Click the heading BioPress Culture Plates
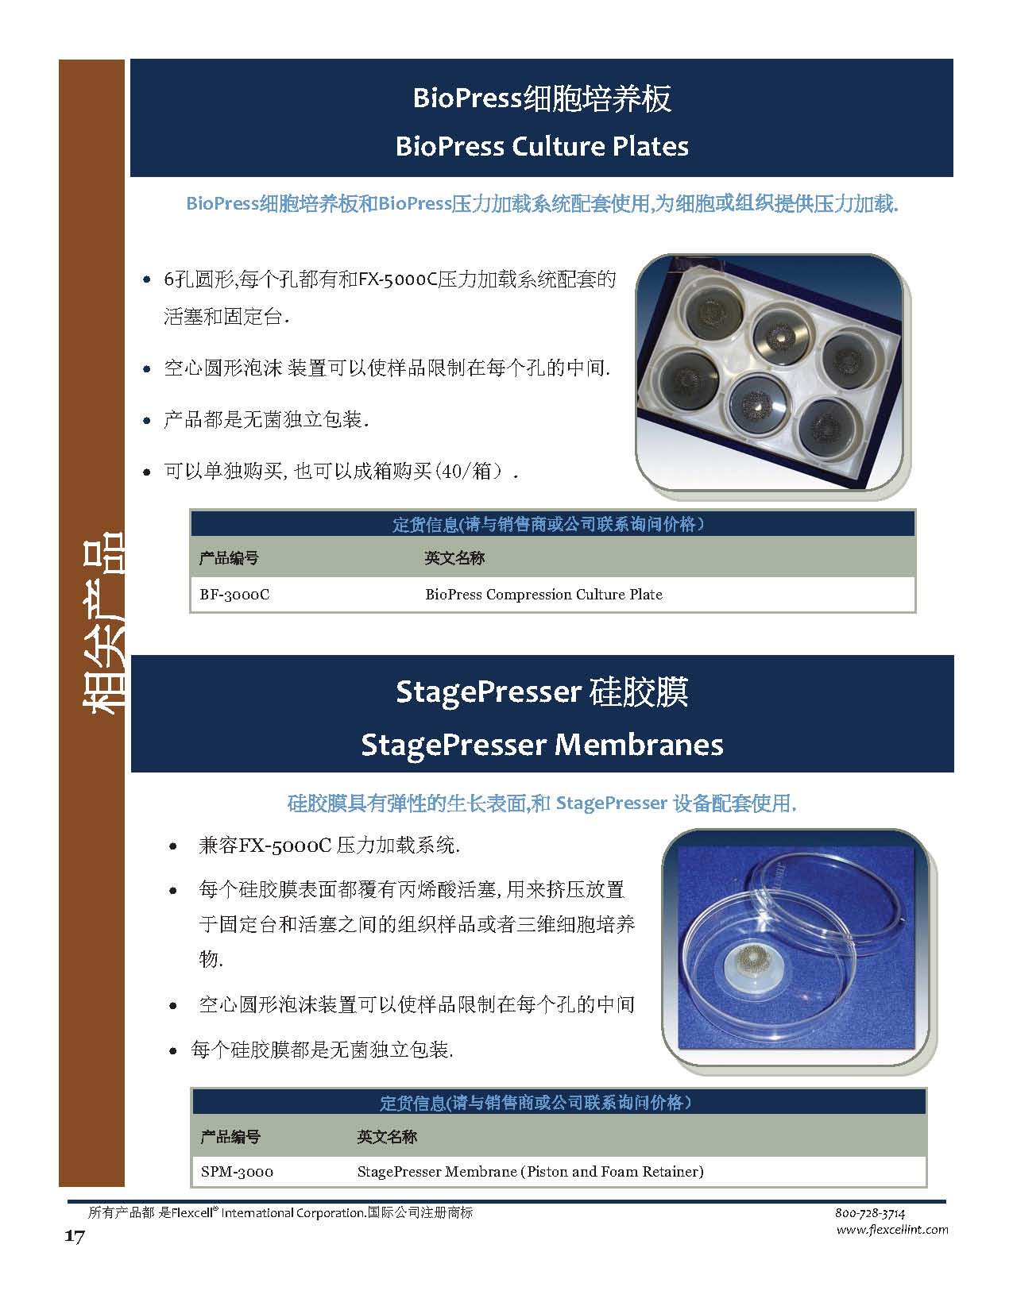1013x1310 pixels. point(541,147)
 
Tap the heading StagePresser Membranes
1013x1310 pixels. point(542,745)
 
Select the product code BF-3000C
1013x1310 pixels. point(234,595)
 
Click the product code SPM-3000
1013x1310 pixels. point(237,1171)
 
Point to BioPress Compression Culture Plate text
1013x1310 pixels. point(543,595)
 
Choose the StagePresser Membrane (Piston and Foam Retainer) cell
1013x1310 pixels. point(530,1171)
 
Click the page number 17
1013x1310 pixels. point(74,1237)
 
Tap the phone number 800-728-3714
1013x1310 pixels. point(870,1213)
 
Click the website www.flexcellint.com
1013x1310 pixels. point(891,1230)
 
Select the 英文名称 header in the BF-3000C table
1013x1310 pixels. point(454,558)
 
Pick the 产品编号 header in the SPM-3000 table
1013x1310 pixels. point(230,1137)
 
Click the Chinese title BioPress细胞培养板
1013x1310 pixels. point(542,98)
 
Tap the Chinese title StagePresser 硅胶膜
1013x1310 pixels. point(542,692)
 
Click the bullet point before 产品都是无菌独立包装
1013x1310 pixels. point(147,421)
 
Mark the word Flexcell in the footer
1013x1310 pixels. point(191,1213)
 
